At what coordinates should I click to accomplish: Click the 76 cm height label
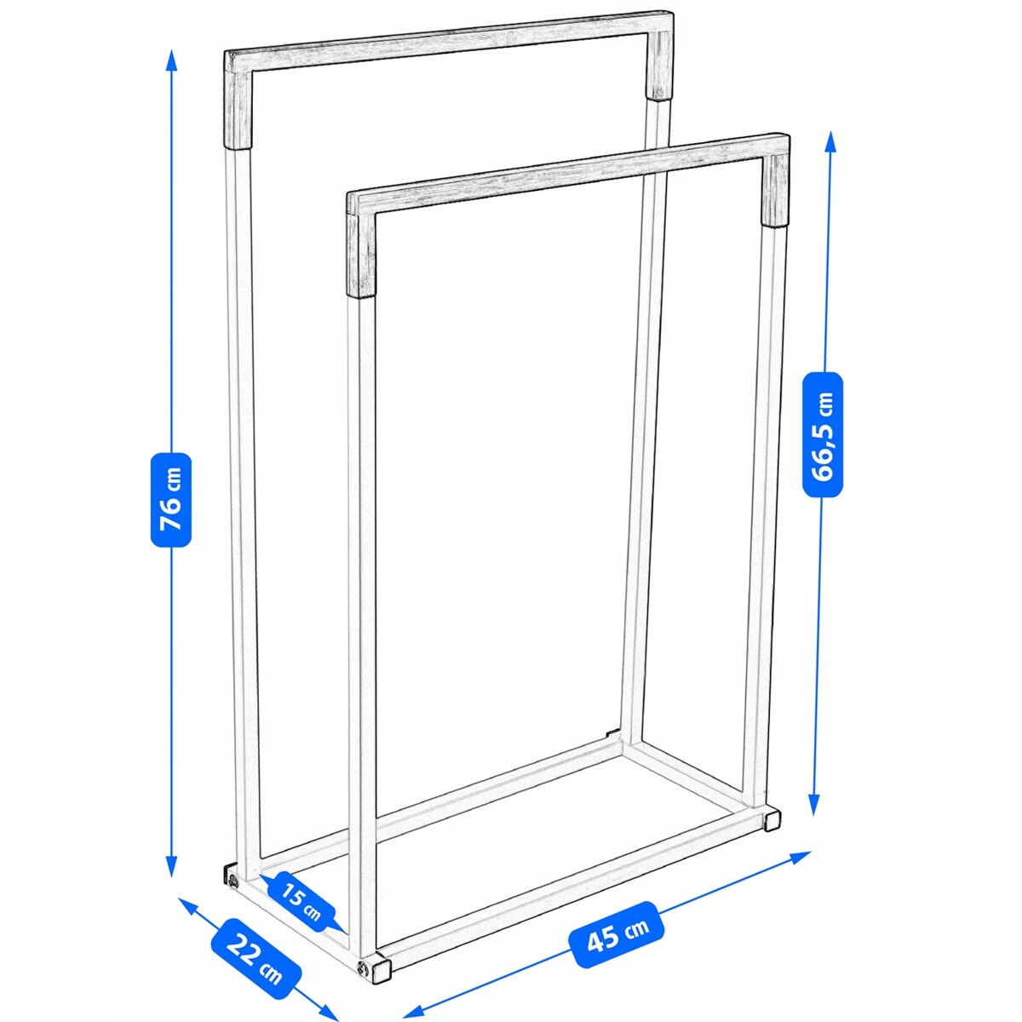click(171, 500)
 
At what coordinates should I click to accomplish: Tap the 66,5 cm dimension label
click(822, 434)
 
